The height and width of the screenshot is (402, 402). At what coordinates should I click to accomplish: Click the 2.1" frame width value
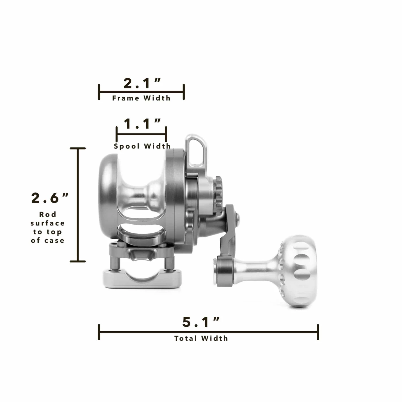tap(142, 83)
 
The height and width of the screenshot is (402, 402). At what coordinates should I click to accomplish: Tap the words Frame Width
tap(141, 98)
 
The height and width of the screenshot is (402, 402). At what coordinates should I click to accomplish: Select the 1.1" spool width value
tap(142, 124)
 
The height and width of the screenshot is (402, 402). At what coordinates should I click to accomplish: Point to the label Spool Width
tap(142, 146)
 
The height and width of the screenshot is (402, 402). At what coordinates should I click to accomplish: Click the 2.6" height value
tap(50, 198)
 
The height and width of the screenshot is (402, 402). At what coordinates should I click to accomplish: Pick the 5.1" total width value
tap(201, 322)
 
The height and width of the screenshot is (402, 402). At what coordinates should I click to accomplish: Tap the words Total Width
tap(201, 338)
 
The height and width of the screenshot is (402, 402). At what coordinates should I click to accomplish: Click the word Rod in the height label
tap(48, 214)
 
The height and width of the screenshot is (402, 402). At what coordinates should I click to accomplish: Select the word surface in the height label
tap(48, 223)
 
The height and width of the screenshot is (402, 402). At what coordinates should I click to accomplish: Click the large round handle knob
tap(297, 272)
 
